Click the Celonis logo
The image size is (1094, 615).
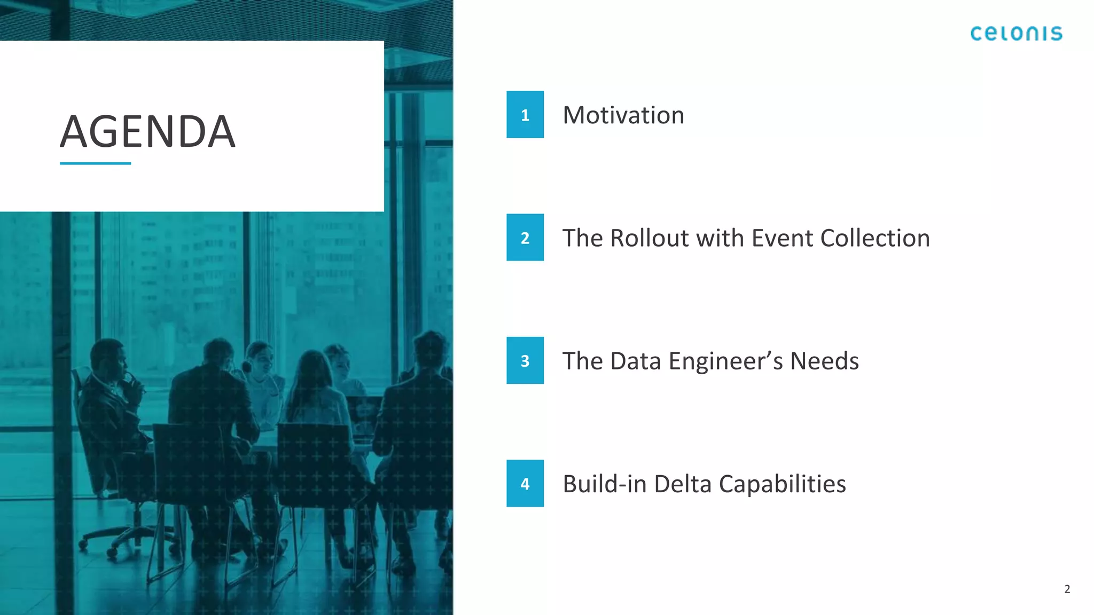click(x=1016, y=34)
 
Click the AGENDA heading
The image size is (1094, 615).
click(x=147, y=131)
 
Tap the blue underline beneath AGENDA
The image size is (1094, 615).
click(x=95, y=163)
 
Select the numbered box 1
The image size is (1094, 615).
click(x=525, y=114)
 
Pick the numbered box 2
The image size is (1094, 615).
click(x=525, y=238)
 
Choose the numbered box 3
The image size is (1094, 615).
click(x=525, y=360)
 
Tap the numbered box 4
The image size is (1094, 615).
click(x=525, y=483)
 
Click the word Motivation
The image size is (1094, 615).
click(x=623, y=115)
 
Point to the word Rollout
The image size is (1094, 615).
click(x=649, y=238)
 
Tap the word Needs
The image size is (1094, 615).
click(x=824, y=361)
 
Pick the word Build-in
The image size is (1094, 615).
click(x=605, y=484)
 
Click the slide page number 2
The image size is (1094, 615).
click(x=1067, y=589)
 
